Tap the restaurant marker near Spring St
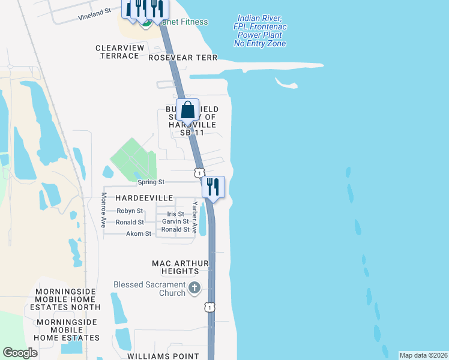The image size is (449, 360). click(x=213, y=187)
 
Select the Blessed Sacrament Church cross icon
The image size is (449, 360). click(x=194, y=289)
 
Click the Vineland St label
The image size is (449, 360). click(x=95, y=14)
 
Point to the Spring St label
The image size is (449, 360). click(x=151, y=182)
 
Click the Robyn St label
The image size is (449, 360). click(x=130, y=211)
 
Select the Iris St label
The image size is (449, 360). click(x=175, y=214)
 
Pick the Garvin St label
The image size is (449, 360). click(x=175, y=222)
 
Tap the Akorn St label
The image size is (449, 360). click(x=139, y=233)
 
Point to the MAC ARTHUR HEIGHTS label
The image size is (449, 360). click(x=180, y=268)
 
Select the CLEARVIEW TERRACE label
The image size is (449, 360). click(x=117, y=52)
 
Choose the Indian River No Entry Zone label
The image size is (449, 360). click(x=260, y=31)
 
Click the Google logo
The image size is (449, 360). click(x=20, y=353)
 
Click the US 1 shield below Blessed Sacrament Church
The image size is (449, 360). click(x=208, y=307)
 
